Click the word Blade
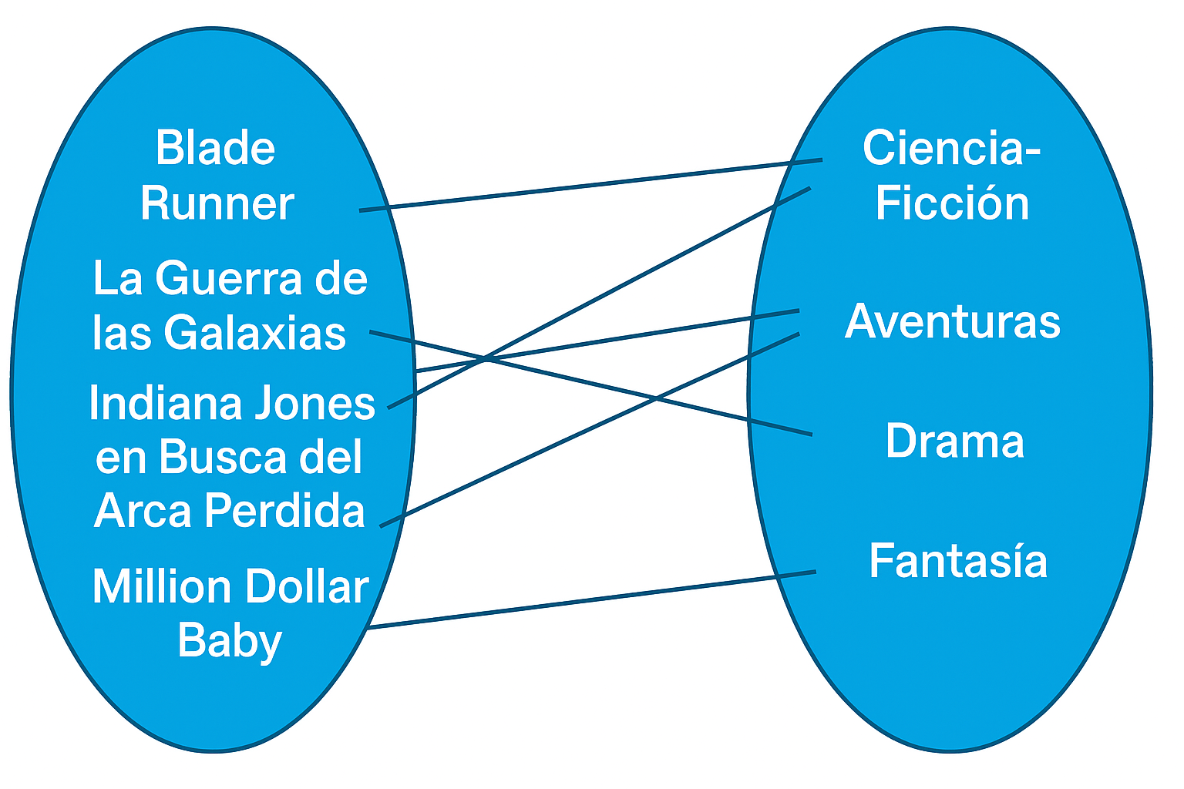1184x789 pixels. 215,148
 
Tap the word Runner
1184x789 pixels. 217,203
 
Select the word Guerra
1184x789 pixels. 229,278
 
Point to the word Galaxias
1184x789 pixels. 254,334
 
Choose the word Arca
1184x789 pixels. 143,511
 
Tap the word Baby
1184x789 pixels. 230,641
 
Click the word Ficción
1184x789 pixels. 952,203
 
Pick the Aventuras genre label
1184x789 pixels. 953,321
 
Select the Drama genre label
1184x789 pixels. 954,442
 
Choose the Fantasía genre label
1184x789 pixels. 958,561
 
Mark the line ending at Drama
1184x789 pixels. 655,398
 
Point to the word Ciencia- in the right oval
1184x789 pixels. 952,148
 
